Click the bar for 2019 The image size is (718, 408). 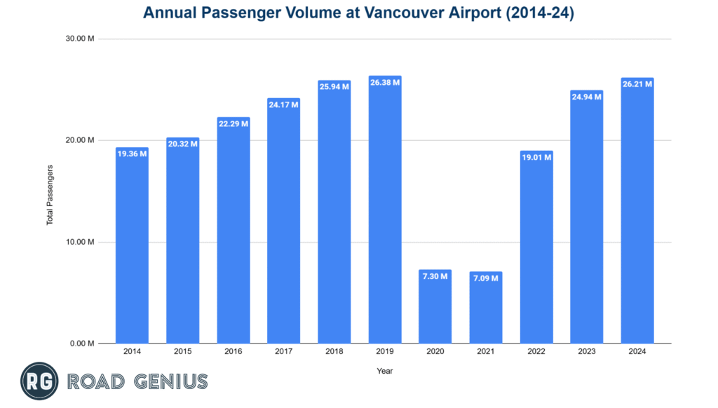385,210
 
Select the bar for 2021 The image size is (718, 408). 486,308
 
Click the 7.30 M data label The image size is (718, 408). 435,277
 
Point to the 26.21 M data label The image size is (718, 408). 637,84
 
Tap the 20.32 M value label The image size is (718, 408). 182,144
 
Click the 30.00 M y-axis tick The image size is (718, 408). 79,39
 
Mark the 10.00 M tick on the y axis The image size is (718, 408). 79,242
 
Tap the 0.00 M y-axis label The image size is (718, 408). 81,344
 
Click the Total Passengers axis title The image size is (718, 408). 50,195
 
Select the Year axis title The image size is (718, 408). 384,371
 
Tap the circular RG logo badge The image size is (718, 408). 39,381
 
